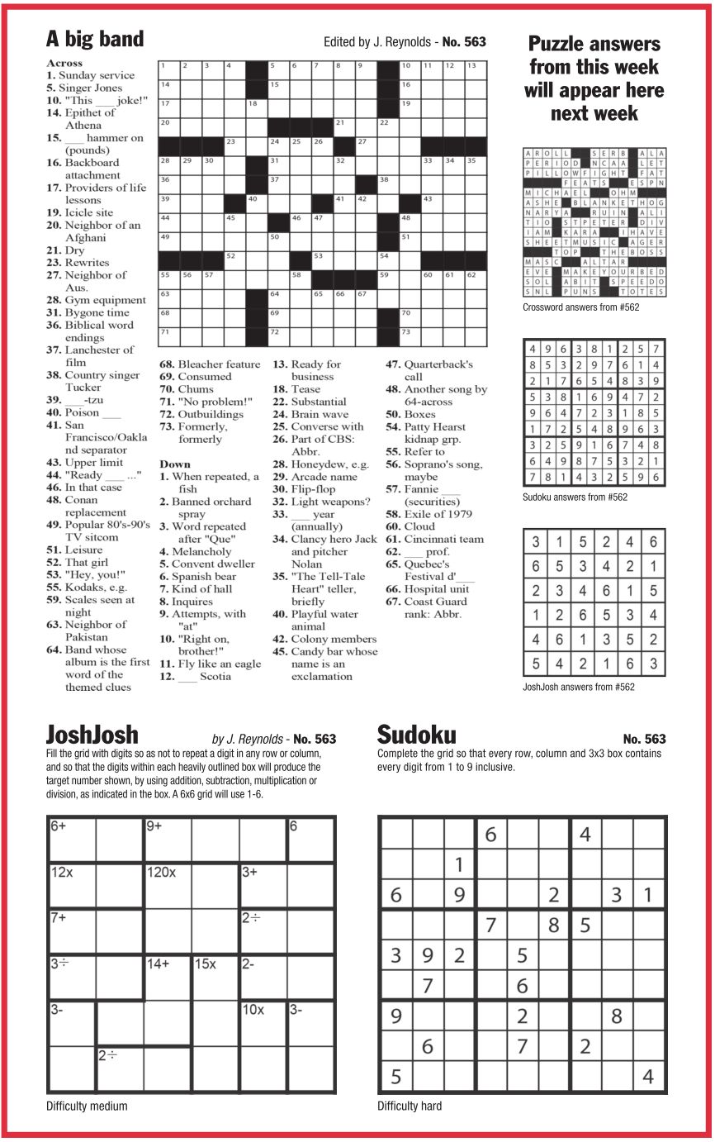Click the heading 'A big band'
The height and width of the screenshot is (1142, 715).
[95, 39]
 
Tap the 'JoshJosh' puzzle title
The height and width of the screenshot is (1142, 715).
[92, 735]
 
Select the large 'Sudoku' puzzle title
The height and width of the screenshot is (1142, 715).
[416, 735]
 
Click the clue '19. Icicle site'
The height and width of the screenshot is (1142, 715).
[79, 212]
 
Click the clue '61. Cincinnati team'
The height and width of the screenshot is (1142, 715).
[434, 539]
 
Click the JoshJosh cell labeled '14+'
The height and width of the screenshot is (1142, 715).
[168, 978]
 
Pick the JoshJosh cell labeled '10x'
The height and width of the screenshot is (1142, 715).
[263, 1024]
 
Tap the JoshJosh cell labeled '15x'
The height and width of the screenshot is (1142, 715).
[215, 978]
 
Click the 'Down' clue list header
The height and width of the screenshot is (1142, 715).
[175, 464]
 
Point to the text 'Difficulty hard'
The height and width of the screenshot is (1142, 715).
[410, 1106]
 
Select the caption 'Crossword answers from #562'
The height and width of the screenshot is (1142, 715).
[581, 307]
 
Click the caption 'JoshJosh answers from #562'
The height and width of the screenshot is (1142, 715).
[579, 686]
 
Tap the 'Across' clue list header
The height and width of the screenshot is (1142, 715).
[64, 63]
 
